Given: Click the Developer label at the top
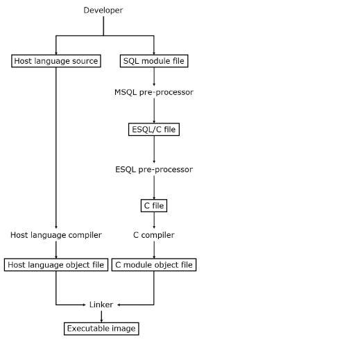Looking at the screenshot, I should coord(103,10).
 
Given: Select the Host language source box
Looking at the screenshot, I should coord(56,61).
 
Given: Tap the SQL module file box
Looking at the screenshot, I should coord(154,61).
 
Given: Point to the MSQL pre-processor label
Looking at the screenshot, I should coord(154,92).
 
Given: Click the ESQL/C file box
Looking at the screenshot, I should coord(154,129).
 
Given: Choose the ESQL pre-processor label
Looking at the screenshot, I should coord(154,169).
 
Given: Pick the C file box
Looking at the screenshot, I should coord(154,205).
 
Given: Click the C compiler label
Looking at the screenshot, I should coord(154,235).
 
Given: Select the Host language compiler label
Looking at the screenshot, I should coord(56,235).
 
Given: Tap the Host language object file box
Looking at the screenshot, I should coord(56,264).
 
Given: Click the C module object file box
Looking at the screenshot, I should coord(154,264).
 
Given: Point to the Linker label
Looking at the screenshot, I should coord(101,304).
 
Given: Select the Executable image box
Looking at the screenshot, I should coord(101,328).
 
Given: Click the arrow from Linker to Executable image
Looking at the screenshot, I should coord(101,316).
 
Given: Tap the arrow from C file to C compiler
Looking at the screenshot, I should coord(154,220).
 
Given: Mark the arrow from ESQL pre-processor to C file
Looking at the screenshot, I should coord(154,187).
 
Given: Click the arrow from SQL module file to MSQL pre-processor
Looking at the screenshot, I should coord(154,76).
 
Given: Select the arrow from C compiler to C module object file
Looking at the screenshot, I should coord(154,249).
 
